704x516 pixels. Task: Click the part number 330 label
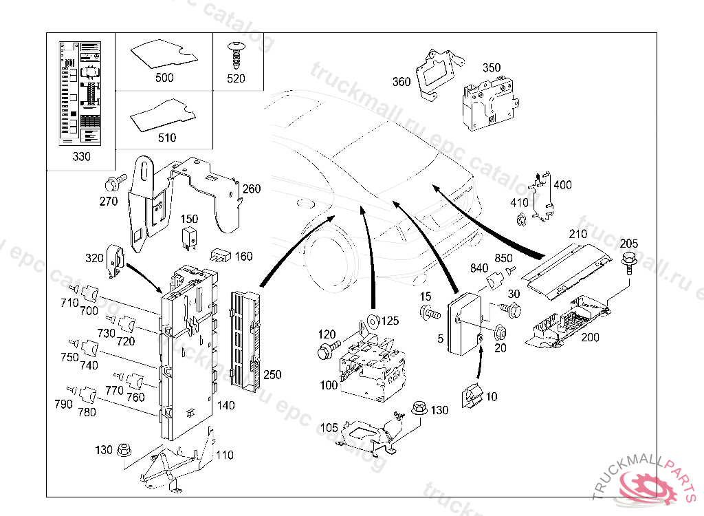[81, 157]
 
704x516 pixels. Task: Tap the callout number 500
[164, 78]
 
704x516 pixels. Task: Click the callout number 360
[401, 83]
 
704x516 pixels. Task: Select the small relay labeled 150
[189, 237]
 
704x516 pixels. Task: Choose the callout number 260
[251, 189]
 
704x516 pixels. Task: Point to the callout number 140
[225, 406]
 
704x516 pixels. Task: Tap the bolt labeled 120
[325, 351]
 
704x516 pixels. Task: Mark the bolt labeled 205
[628, 261]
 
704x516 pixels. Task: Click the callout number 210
[577, 235]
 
